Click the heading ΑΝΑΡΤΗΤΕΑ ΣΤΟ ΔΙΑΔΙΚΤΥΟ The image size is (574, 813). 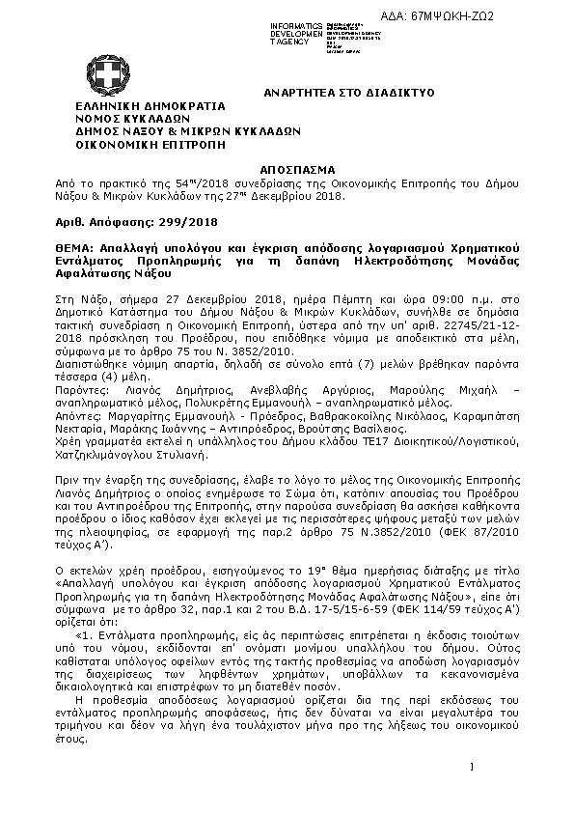pyautogui.click(x=335, y=92)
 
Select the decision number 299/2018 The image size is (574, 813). pyautogui.click(x=193, y=222)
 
